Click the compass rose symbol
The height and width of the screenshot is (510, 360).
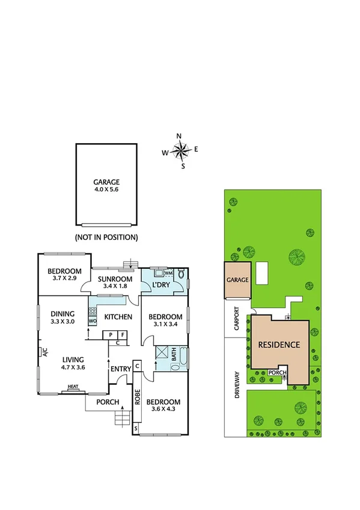179,150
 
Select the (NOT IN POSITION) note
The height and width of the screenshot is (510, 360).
106,237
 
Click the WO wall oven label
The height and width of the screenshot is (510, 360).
92,322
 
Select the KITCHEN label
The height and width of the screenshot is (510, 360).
118,316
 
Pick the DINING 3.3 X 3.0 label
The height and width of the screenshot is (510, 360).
63,317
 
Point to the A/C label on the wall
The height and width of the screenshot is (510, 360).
44,352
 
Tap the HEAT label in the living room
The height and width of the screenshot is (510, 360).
73,387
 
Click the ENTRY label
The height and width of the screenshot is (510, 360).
120,369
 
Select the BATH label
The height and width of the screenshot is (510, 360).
174,356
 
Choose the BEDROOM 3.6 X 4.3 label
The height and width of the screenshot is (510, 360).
164,405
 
